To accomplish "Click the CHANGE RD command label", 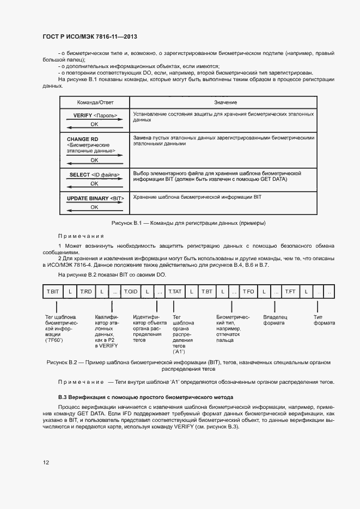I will click(82, 139).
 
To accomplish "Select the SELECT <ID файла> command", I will click(94, 175).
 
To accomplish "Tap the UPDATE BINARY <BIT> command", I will click(96, 198).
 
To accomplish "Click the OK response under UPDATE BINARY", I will click(94, 207).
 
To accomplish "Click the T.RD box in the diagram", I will click(86, 292).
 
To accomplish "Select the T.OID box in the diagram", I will click(131, 292).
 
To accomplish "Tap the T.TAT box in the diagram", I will click(175, 292).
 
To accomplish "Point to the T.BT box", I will click(207, 292).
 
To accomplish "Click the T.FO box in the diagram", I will click(248, 292).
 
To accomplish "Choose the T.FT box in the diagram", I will click(290, 292).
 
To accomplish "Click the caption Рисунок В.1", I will click(188, 223).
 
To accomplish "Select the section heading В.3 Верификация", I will click(145, 397).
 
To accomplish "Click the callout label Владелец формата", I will click(275, 320).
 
